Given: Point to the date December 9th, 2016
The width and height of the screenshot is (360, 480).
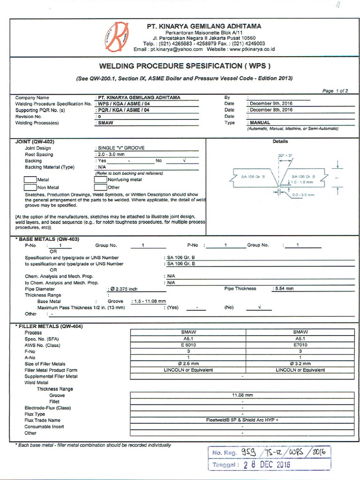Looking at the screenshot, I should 271,104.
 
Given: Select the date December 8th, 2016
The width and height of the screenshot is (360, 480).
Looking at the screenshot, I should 271,110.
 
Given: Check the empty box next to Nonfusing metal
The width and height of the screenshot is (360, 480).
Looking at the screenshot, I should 100,180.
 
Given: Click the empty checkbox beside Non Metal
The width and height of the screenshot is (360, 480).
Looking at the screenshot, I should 30,187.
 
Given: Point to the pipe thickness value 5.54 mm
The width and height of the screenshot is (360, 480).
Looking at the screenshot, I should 284,289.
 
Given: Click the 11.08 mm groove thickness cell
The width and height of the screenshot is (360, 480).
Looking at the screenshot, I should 242,396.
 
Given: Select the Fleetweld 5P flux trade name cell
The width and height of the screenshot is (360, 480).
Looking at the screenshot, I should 242,420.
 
